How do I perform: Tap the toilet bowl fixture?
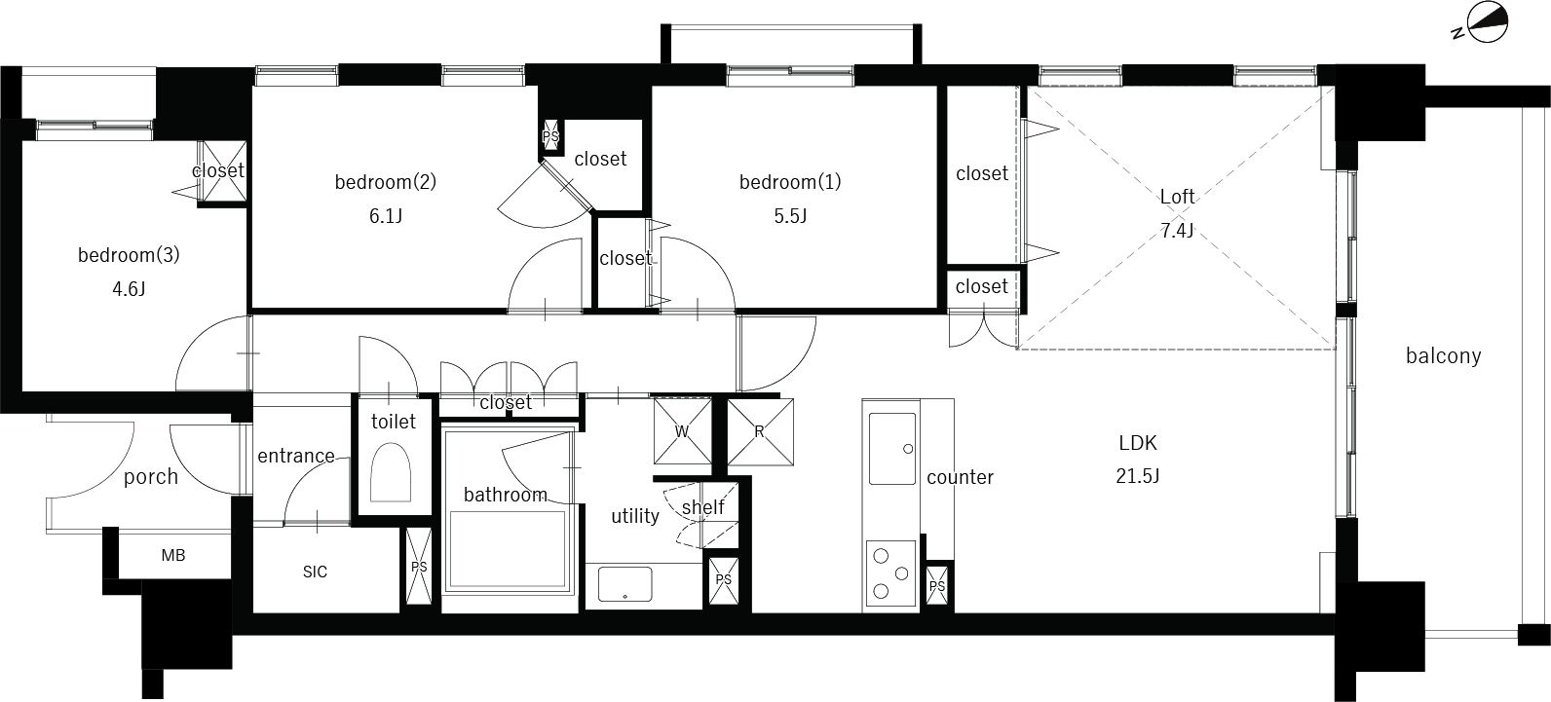391,472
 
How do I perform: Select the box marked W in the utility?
682,430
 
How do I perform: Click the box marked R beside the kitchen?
760,432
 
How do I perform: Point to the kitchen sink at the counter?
891,449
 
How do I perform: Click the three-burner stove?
890,573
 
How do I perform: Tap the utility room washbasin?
624,584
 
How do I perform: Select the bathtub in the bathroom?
508,550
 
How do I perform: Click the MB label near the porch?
173,555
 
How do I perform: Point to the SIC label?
315,572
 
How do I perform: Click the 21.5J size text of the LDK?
1138,476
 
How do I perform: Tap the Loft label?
1177,197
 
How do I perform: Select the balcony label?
1444,355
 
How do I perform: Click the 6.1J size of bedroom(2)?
386,216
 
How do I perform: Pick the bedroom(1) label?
790,182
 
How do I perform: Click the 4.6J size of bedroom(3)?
129,289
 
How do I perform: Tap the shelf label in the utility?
702,506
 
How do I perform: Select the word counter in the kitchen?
960,477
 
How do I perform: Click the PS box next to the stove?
937,586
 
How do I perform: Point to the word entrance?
296,456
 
